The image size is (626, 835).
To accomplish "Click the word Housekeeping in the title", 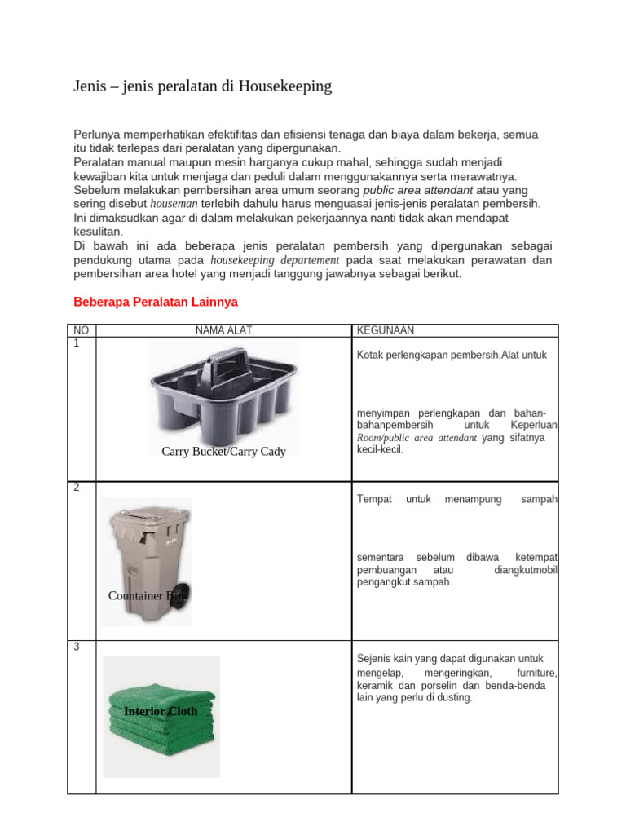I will point(285,86).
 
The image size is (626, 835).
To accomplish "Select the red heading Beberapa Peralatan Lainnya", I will point(156,302).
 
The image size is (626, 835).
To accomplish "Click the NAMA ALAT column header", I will point(223,330).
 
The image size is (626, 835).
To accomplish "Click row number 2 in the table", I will point(75,488).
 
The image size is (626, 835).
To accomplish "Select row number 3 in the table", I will point(75,647).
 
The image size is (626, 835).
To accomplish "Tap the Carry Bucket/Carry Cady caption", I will point(223,452).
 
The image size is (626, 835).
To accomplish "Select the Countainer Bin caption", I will point(147,596).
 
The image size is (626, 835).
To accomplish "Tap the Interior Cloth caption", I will point(161,711).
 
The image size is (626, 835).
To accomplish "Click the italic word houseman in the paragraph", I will point(174,203).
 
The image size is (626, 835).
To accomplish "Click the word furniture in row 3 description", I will point(536,673).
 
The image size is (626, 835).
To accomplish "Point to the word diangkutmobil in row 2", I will point(526,570).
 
